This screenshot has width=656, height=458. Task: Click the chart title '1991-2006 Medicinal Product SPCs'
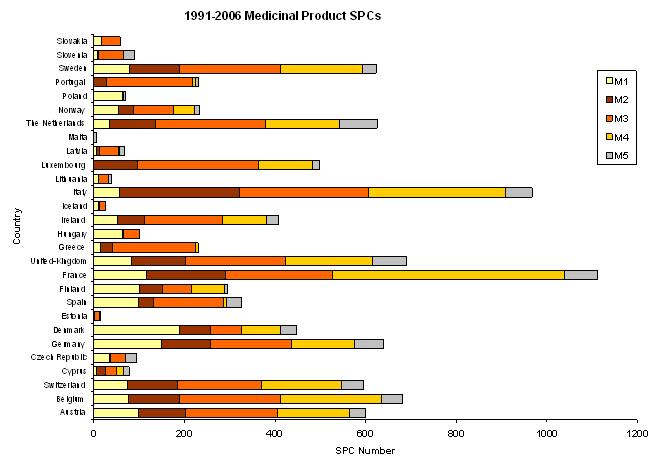pos(283,17)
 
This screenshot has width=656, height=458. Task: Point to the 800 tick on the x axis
pos(456,435)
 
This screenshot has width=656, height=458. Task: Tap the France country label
pos(74,274)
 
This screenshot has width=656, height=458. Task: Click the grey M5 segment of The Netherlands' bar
pos(358,123)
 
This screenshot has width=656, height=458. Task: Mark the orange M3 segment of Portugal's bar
pos(150,82)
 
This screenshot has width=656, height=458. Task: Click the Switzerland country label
pos(67,384)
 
